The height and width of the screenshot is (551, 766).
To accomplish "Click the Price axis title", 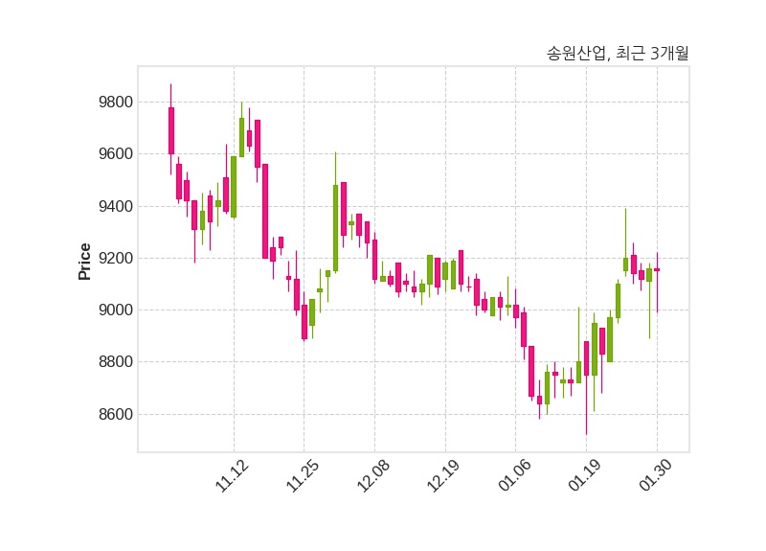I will tap(85, 261).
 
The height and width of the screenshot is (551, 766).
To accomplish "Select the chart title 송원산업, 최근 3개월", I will tap(617, 54).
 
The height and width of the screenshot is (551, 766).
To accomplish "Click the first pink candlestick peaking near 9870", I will tap(171, 130).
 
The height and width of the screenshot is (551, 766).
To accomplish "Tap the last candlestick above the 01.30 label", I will tap(657, 270).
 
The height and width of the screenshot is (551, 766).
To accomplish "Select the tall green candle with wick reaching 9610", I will tap(335, 228).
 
